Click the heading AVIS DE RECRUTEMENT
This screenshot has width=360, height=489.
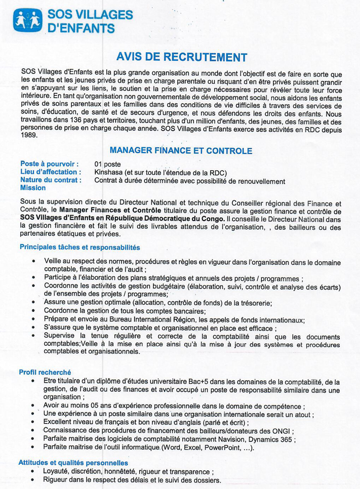(x=182, y=57)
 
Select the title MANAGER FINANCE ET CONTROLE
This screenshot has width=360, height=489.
(x=181, y=150)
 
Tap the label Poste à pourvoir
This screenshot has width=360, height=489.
(x=49, y=164)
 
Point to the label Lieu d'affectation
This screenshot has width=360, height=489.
(x=51, y=172)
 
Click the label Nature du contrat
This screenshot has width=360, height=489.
(x=50, y=180)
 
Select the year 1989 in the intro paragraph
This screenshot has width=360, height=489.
(x=29, y=136)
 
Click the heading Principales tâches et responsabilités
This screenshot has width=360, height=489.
(x=79, y=247)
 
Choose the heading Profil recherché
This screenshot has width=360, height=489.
(x=45, y=372)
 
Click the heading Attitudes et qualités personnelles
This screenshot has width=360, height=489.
(x=73, y=463)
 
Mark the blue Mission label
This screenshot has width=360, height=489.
(x=32, y=188)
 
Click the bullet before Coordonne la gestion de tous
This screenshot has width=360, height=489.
(x=33, y=311)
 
